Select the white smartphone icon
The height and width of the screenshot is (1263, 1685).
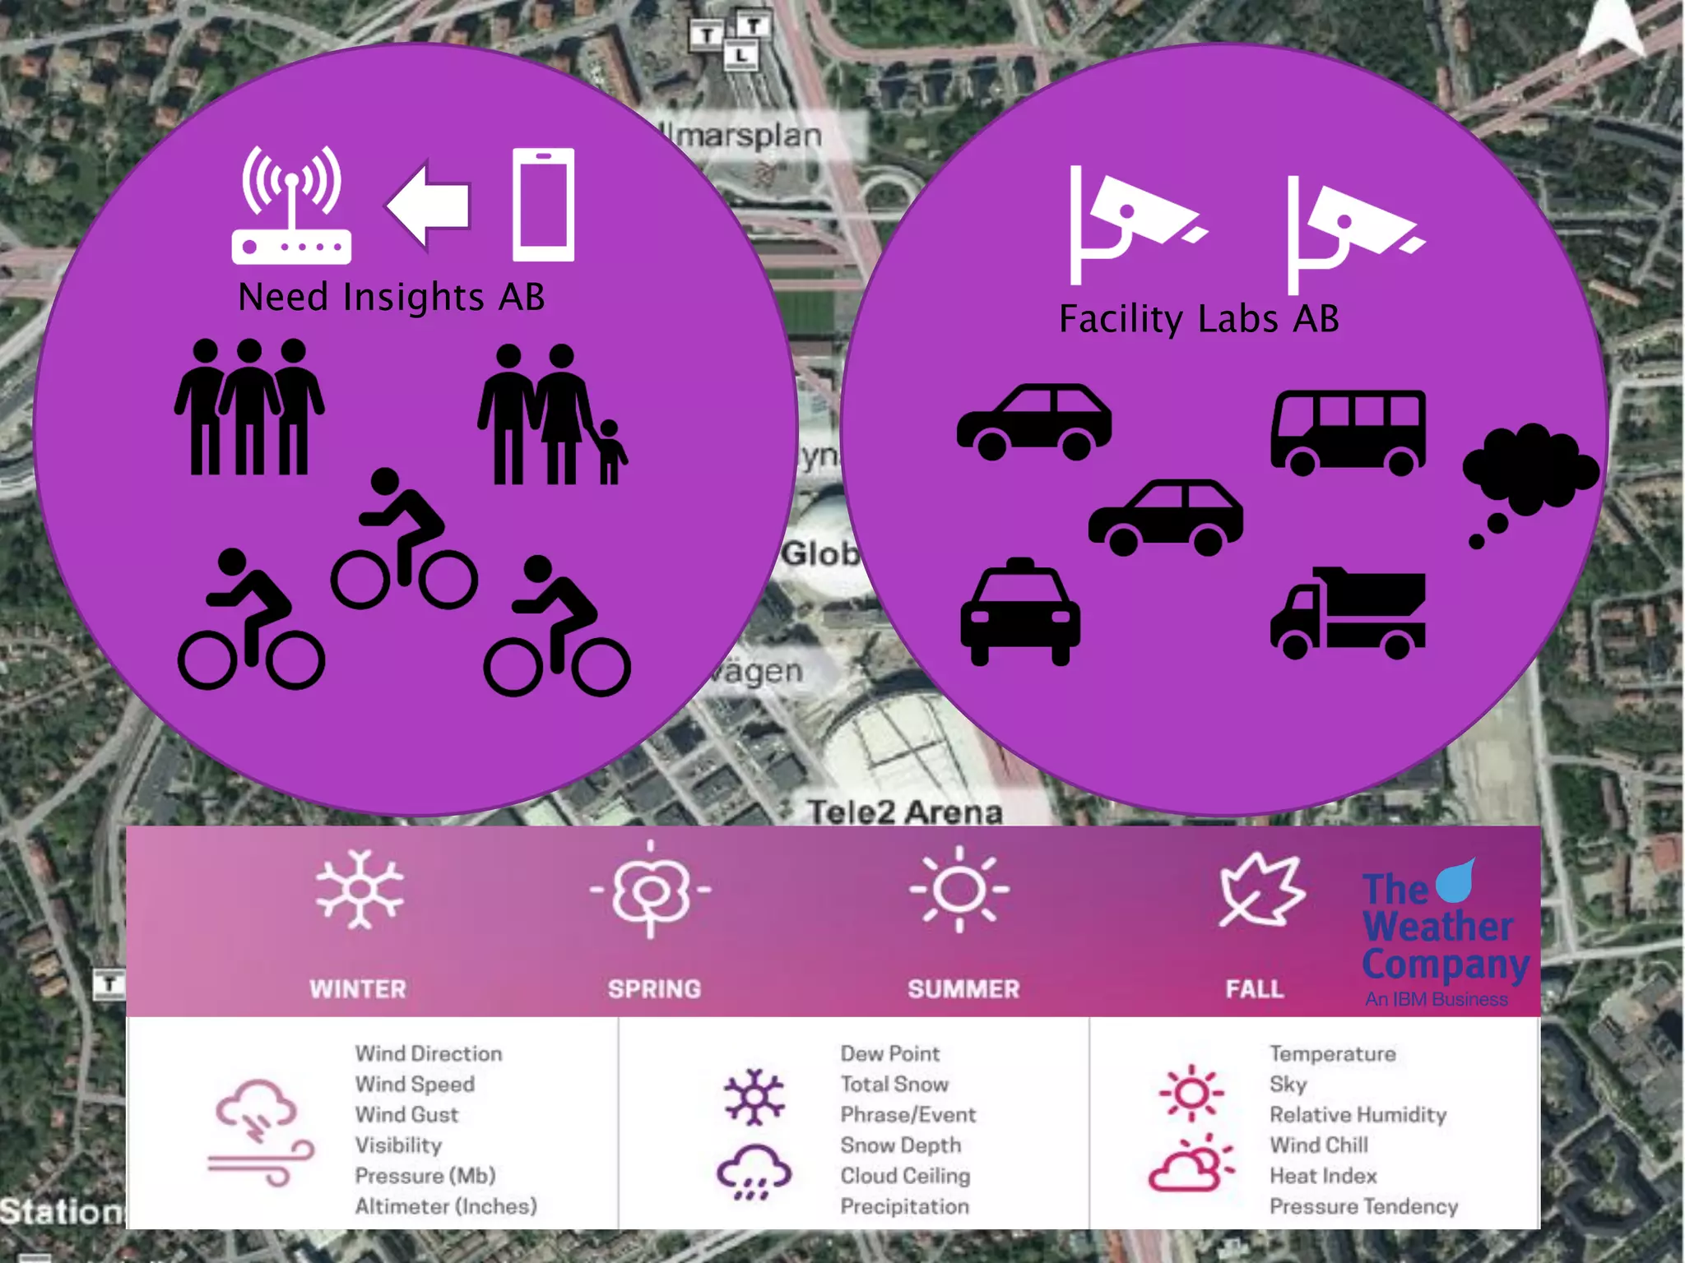click(x=543, y=205)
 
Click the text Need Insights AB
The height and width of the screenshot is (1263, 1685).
click(x=392, y=297)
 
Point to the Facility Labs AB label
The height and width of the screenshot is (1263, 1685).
click(x=1199, y=319)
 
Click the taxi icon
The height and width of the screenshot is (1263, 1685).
click(x=1020, y=612)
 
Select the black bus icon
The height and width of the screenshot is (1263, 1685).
click(x=1348, y=433)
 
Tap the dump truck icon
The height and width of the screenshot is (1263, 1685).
click(x=1348, y=613)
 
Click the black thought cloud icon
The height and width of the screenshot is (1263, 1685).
click(x=1529, y=477)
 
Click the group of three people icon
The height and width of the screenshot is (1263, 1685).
click(x=249, y=408)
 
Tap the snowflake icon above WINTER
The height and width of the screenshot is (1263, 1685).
click(x=360, y=890)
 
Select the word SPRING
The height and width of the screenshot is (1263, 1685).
click(x=654, y=988)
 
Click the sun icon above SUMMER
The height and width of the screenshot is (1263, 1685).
click(x=959, y=890)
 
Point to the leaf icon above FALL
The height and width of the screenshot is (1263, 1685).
click(x=1260, y=890)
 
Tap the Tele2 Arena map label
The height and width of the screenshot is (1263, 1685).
click(x=904, y=812)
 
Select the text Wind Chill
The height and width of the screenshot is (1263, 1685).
click(x=1319, y=1145)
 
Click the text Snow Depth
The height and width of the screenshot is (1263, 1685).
click(x=900, y=1145)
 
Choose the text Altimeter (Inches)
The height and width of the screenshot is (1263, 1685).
click(x=446, y=1206)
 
